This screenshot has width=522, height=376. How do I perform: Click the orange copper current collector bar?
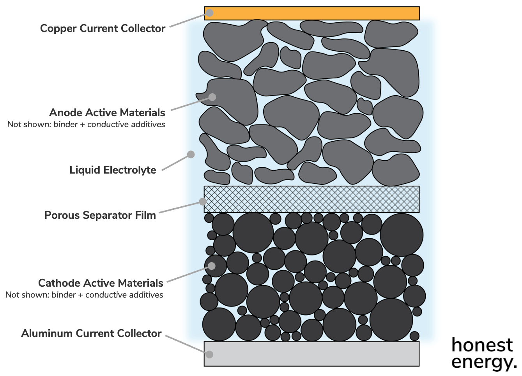click(312, 13)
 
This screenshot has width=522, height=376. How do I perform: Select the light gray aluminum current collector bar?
click(312, 354)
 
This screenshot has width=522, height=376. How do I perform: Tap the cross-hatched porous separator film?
click(312, 199)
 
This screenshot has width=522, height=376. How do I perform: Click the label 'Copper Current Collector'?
click(103, 28)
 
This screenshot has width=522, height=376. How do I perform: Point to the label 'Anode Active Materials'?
click(107, 113)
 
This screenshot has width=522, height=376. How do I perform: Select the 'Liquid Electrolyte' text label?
click(113, 170)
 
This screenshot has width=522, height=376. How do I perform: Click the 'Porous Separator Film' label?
click(100, 215)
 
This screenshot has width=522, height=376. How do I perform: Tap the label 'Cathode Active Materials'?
click(101, 283)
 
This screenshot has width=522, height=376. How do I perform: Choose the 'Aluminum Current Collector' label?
click(91, 333)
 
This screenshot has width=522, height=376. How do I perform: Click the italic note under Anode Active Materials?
click(86, 124)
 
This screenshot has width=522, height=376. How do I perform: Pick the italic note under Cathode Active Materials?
click(84, 295)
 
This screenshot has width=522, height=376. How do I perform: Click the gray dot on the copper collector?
click(210, 13)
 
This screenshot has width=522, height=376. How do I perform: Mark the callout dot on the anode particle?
click(212, 97)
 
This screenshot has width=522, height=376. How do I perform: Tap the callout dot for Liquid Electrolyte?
click(191, 154)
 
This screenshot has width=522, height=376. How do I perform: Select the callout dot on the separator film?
click(203, 201)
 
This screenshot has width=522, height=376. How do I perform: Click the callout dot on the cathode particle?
click(212, 266)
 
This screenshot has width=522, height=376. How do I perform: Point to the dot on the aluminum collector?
click(210, 354)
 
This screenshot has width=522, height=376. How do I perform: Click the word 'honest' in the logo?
click(482, 345)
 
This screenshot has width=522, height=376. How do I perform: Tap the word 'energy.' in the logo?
click(484, 362)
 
